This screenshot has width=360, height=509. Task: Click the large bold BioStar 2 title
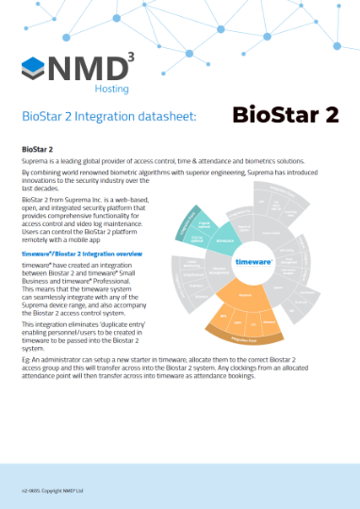point(285,115)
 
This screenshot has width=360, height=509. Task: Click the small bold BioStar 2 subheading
point(38,149)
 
